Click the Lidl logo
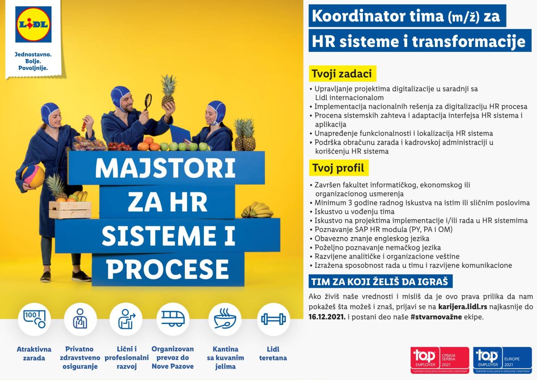(x=33, y=25)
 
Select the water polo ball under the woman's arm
(x=33, y=176)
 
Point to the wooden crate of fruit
(x=70, y=210)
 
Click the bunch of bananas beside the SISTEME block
(x=257, y=210)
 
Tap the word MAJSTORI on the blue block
(x=166, y=168)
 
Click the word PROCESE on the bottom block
(x=167, y=269)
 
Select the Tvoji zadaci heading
(x=342, y=73)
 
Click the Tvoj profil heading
(x=338, y=168)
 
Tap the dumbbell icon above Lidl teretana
(x=273, y=319)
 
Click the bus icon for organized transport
(x=173, y=319)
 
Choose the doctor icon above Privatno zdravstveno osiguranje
(x=80, y=319)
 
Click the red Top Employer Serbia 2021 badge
(x=439, y=360)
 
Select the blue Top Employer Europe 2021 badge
(x=502, y=360)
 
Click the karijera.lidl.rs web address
(x=462, y=307)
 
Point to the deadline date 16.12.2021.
(x=327, y=317)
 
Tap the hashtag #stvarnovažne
(x=436, y=317)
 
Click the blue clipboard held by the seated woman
(x=180, y=134)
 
